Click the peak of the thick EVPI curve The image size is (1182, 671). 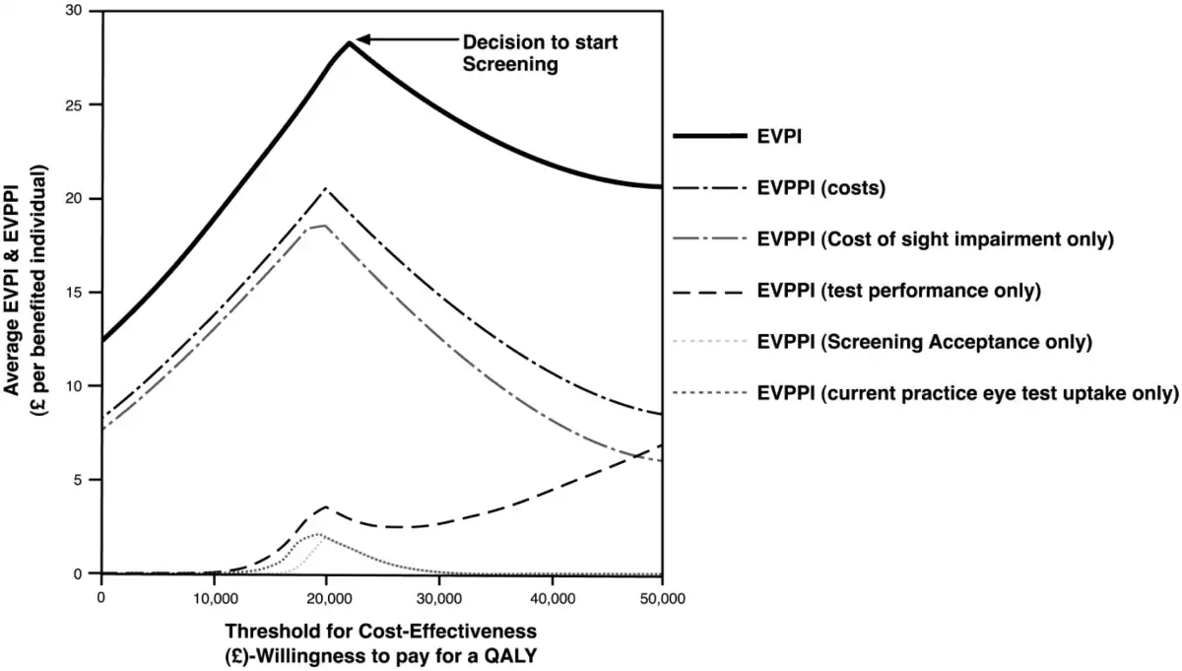(348, 42)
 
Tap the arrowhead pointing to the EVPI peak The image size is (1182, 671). (361, 39)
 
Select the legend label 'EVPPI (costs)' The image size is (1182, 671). (822, 187)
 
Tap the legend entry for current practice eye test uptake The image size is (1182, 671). (968, 393)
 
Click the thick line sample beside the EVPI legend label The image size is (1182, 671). (708, 137)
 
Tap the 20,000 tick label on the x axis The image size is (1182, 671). (326, 598)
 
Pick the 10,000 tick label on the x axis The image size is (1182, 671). (214, 598)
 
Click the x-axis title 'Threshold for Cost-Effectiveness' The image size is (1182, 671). (381, 630)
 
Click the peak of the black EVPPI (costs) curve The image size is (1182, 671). (325, 189)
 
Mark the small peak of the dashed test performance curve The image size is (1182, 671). (325, 507)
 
